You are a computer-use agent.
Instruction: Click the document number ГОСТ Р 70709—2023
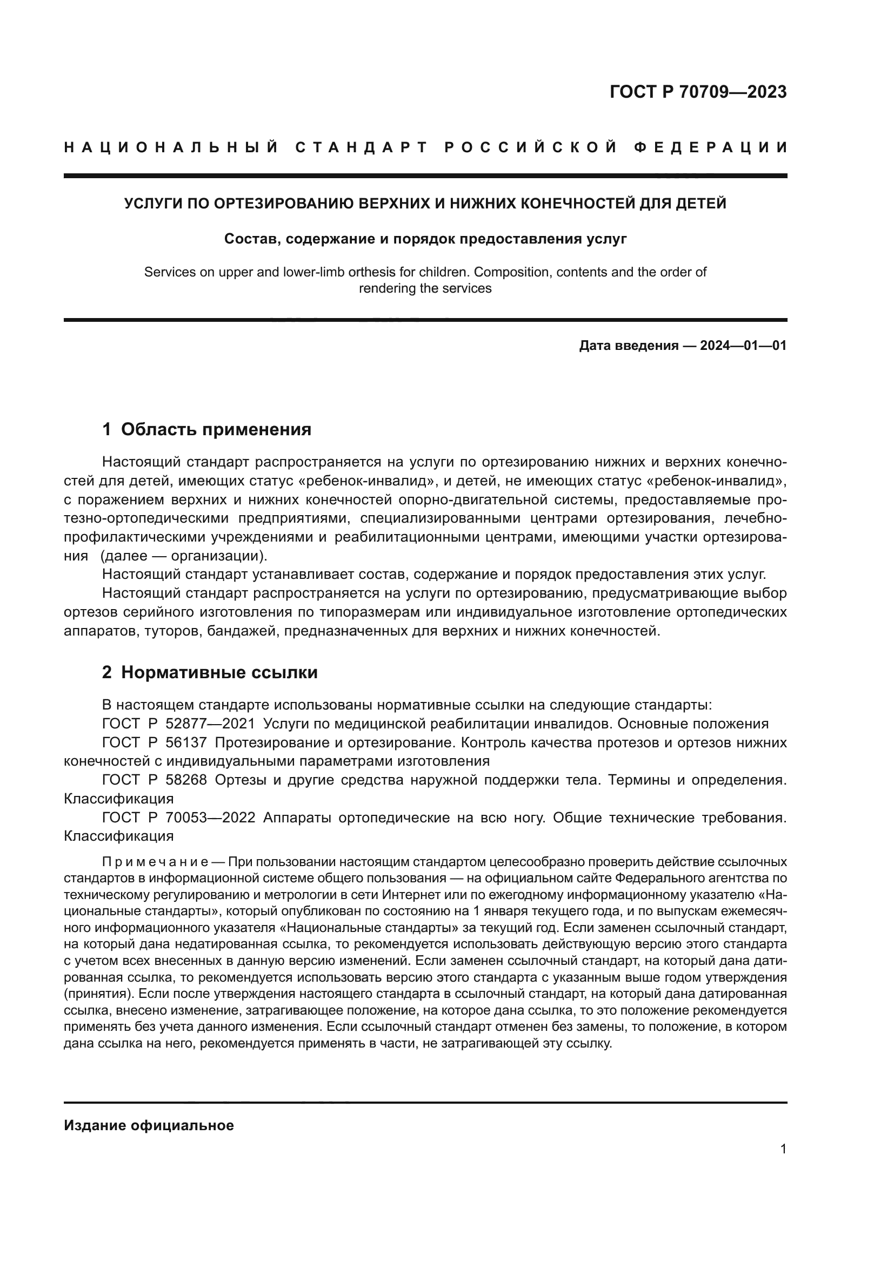click(698, 92)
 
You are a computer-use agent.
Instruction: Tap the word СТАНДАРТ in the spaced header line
click(362, 147)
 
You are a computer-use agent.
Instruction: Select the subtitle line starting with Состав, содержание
click(425, 239)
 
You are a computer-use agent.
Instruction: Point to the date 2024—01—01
click(743, 346)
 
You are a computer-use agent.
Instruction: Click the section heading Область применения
click(216, 430)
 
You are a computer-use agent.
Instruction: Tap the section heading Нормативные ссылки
click(219, 672)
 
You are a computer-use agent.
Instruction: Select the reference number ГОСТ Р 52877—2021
click(178, 724)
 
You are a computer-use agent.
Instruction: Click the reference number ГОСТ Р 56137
click(154, 742)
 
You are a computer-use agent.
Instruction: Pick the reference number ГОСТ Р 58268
click(154, 780)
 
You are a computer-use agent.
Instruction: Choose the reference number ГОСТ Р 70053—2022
click(178, 818)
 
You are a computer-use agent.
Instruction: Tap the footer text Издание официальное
click(149, 1125)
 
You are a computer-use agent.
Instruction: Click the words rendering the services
click(425, 288)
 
